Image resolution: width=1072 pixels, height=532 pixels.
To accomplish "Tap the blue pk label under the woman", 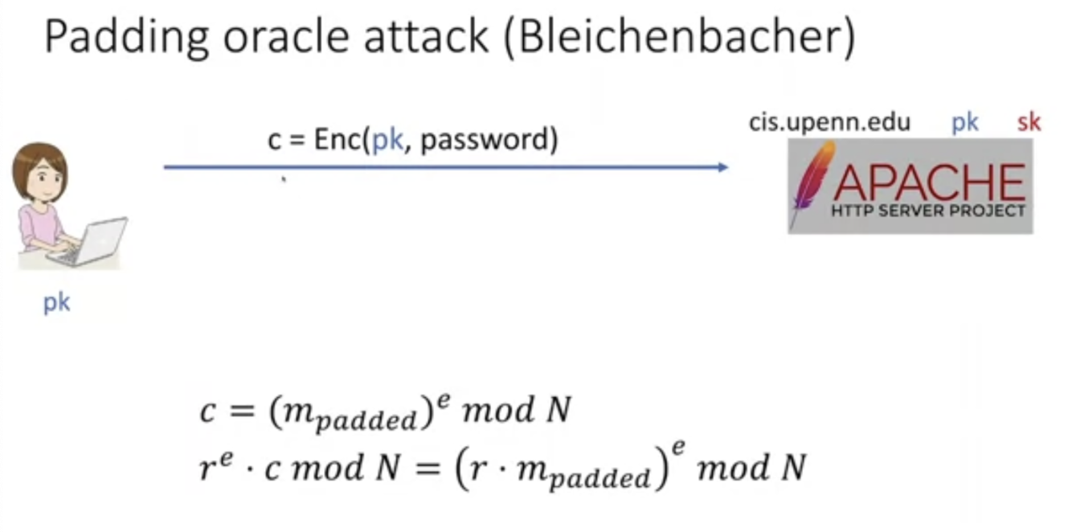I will point(56,304).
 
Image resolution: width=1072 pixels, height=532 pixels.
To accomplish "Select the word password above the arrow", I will point(489,141).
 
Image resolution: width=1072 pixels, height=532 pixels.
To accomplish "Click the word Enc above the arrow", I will point(337,141).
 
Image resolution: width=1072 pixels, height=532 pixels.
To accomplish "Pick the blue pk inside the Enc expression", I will point(387,141).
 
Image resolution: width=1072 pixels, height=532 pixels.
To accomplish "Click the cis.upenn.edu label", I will point(830,122).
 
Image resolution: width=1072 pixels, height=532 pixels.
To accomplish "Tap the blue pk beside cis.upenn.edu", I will point(964,122).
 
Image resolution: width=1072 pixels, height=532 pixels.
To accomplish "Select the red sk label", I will point(1029,122).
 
